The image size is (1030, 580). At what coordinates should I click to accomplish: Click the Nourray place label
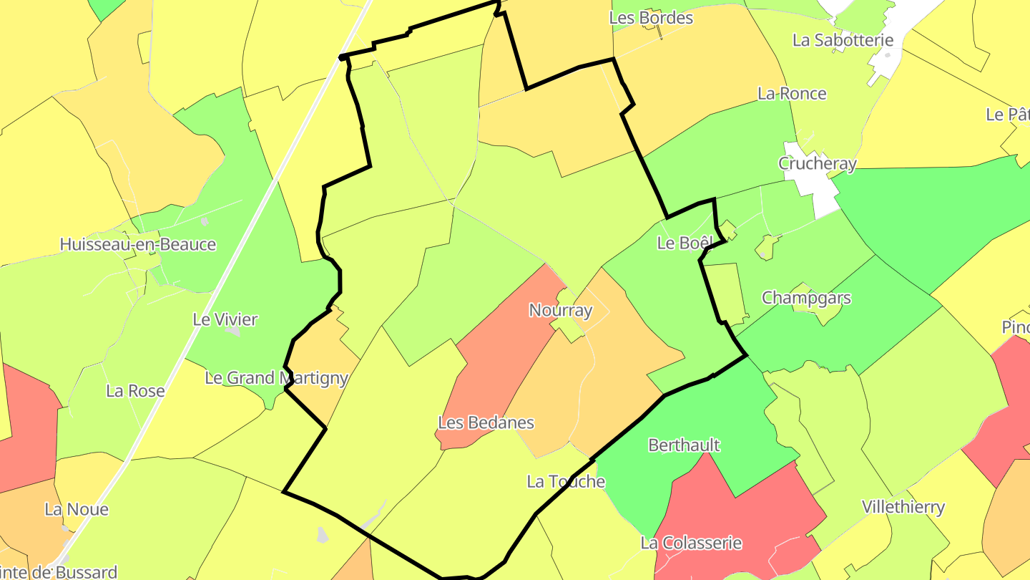pyautogui.click(x=561, y=310)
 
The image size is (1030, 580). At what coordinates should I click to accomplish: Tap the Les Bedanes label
pyautogui.click(x=486, y=422)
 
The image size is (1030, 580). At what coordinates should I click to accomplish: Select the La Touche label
pyautogui.click(x=566, y=481)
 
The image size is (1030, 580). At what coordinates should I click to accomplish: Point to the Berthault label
pyautogui.click(x=684, y=445)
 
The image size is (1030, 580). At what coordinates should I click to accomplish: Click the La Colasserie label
pyautogui.click(x=691, y=543)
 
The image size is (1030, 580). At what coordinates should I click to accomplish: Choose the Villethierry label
pyautogui.click(x=903, y=507)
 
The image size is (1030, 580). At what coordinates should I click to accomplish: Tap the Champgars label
pyautogui.click(x=806, y=297)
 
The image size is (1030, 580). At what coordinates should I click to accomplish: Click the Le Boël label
pyautogui.click(x=685, y=243)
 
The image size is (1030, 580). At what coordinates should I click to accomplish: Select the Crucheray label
pyautogui.click(x=817, y=163)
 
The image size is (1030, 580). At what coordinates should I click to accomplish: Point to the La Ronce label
pyautogui.click(x=792, y=93)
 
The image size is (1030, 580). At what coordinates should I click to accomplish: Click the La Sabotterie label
pyautogui.click(x=843, y=39)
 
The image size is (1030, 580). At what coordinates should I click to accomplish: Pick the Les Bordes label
pyautogui.click(x=651, y=17)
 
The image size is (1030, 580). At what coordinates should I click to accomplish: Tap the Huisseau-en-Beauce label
pyautogui.click(x=137, y=244)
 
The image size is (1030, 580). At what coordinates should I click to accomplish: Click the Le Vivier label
pyautogui.click(x=225, y=319)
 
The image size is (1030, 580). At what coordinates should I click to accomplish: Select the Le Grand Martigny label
pyautogui.click(x=276, y=377)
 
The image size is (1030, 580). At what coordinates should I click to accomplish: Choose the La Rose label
pyautogui.click(x=135, y=391)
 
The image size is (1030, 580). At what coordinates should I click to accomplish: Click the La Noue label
pyautogui.click(x=77, y=509)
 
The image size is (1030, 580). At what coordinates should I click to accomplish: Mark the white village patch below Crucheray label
pyautogui.click(x=823, y=197)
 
